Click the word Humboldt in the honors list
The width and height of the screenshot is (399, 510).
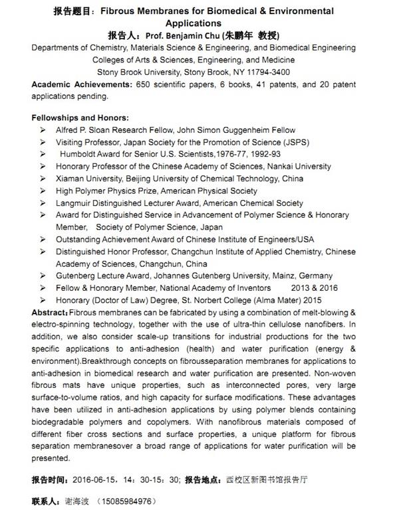pyautogui.click(x=80, y=154)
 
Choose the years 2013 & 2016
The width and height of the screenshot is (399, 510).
pyautogui.click(x=315, y=288)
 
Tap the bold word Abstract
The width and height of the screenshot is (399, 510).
pyautogui.click(x=49, y=312)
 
